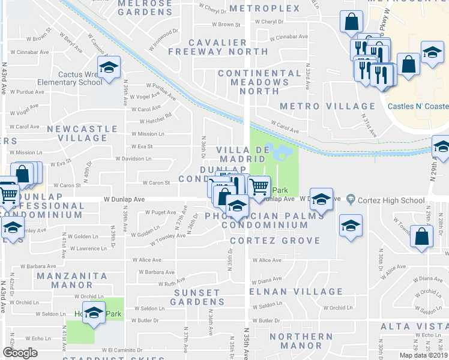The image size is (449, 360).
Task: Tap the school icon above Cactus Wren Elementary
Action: pos(109,68)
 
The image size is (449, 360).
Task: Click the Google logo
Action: pos(20,353)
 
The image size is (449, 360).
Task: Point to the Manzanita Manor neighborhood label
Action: pos(80,280)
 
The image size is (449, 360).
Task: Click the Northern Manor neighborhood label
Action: pos(301,341)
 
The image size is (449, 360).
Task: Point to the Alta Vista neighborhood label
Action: pos(414,326)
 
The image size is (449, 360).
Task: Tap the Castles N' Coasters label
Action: pos(418,106)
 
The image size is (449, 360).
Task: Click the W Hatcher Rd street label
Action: pos(155,116)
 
